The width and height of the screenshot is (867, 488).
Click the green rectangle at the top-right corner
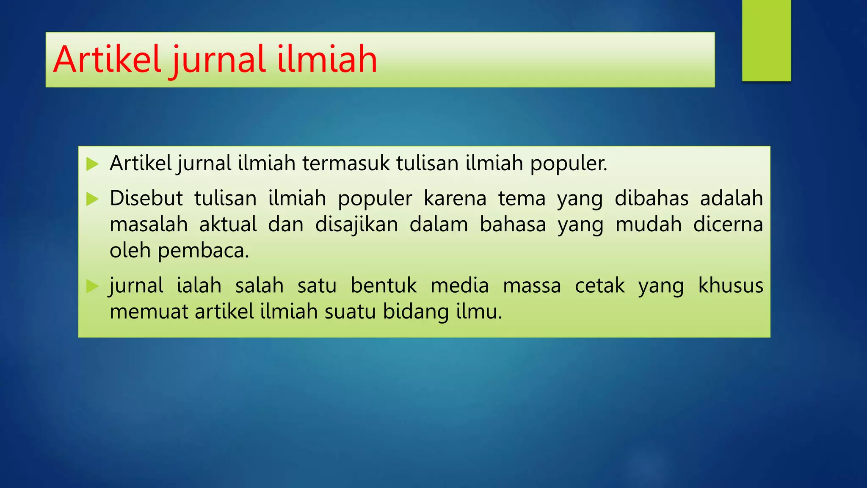point(766,40)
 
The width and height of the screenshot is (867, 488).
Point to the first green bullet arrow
point(92,164)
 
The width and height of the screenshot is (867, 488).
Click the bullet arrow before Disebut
point(92,199)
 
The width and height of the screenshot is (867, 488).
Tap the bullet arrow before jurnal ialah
point(92,286)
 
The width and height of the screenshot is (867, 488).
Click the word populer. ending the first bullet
point(569,164)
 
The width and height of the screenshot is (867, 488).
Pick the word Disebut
point(146,198)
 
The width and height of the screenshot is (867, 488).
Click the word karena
point(455,198)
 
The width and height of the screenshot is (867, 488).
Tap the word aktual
point(228,225)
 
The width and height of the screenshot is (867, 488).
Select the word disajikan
point(356,225)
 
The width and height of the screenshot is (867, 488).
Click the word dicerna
point(728,225)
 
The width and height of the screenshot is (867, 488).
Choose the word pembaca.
point(203,251)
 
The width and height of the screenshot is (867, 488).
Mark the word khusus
point(730,286)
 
